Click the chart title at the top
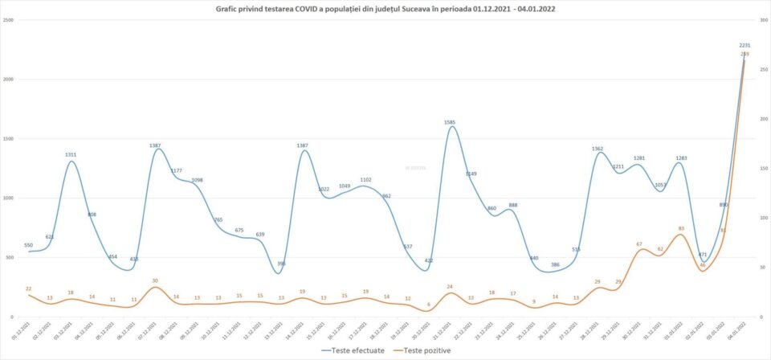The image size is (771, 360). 385,9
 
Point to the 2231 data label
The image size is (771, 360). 745,46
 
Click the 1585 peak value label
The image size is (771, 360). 451,122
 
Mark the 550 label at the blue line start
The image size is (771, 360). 28,244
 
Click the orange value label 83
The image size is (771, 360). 681,228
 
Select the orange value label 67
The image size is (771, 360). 638,243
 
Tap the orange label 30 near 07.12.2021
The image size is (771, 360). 155,280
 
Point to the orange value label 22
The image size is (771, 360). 28,288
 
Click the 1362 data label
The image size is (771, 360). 597,149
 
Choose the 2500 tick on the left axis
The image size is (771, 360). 7,19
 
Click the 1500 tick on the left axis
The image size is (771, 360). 7,138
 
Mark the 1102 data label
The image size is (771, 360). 365,180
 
